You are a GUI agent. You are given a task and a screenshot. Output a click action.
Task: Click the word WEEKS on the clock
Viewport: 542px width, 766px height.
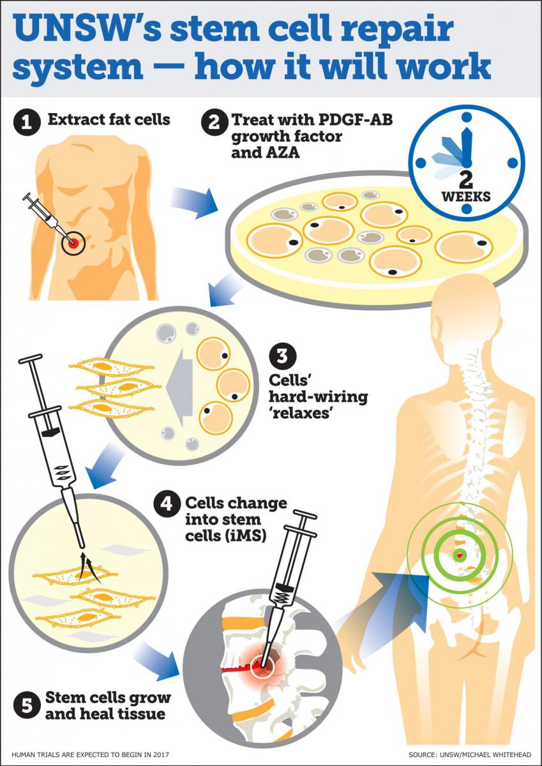pyautogui.click(x=467, y=196)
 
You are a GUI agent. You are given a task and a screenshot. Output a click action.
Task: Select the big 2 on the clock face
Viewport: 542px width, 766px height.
pyautogui.click(x=467, y=176)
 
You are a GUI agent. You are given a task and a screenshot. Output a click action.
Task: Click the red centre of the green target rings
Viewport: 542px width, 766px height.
pyautogui.click(x=459, y=555)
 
